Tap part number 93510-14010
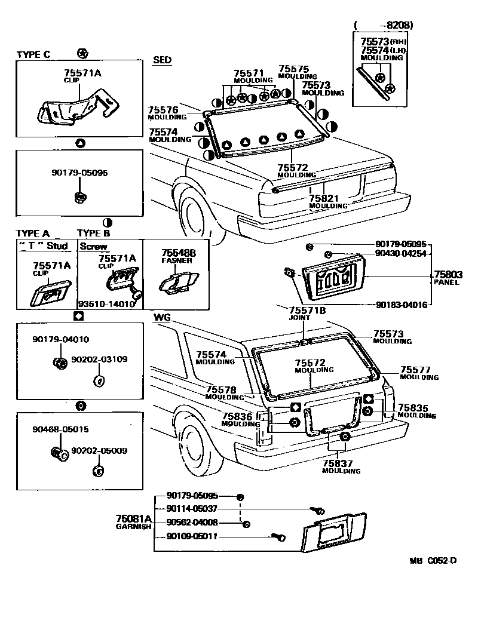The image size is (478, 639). tap(106, 304)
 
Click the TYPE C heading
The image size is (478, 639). tap(33, 54)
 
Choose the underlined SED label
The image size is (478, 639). tap(162, 60)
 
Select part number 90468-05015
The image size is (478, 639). tap(60, 429)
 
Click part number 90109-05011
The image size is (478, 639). tap(192, 537)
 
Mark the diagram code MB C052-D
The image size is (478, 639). tap(433, 560)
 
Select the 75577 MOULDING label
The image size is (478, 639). tap(419, 373)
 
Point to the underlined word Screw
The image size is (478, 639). tap(93, 246)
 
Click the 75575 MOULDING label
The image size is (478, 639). tap(298, 72)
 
